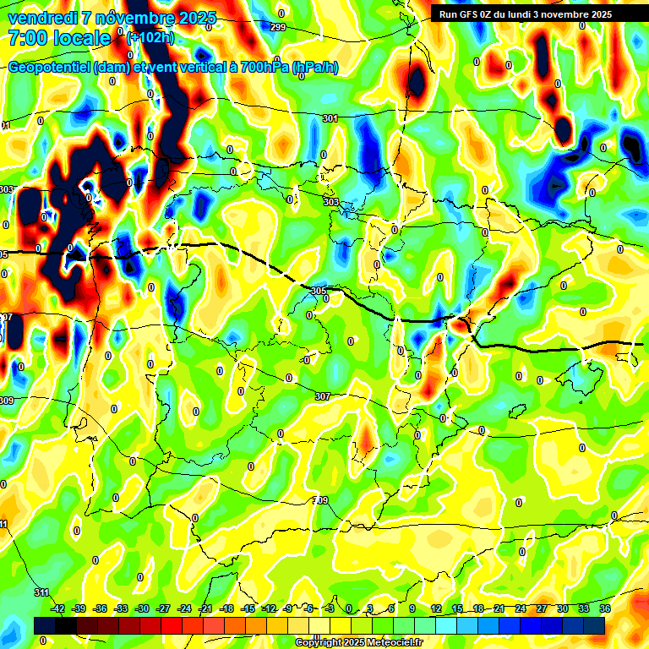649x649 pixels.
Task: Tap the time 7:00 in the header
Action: pos(25,39)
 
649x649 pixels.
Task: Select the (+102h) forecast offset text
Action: pos(150,37)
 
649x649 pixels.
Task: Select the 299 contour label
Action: pos(278,28)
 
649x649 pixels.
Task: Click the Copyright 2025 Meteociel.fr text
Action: pos(358,642)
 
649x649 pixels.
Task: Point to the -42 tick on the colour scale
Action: pos(58,608)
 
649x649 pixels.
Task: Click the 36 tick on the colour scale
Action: pos(605,608)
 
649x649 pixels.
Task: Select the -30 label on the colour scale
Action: pos(143,608)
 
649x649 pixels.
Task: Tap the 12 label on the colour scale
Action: pos(436,608)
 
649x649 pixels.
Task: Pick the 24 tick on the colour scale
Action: pos(521,608)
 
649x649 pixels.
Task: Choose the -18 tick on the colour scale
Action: pos(226,608)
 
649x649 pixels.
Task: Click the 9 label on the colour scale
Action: pos(412,608)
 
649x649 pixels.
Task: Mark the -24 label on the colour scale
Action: pos(184,608)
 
